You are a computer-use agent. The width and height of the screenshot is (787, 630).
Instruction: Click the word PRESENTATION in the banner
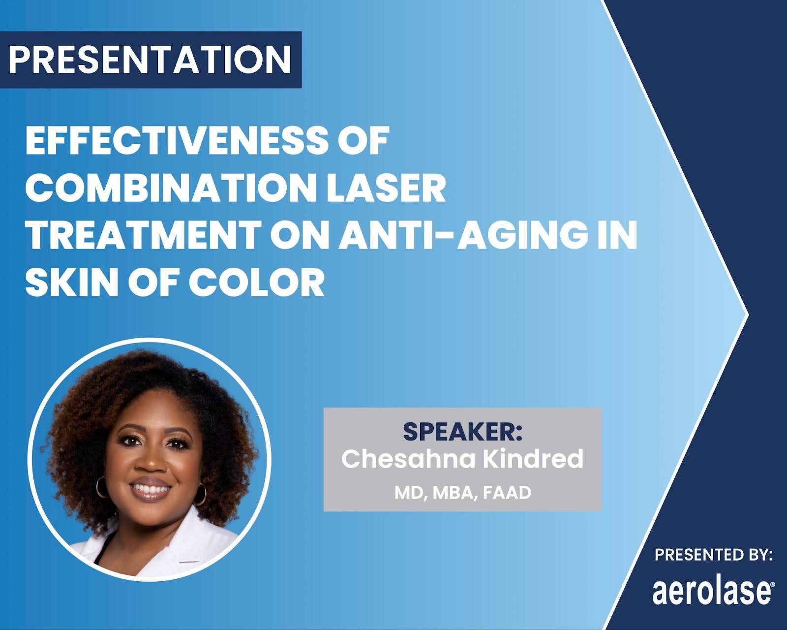(x=150, y=60)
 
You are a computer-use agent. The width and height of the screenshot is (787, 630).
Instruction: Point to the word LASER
(x=386, y=188)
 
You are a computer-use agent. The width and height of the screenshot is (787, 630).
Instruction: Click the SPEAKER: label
(x=463, y=432)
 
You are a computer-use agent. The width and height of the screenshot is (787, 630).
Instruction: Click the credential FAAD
(x=507, y=493)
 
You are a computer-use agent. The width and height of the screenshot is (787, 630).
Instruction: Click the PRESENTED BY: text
(x=714, y=555)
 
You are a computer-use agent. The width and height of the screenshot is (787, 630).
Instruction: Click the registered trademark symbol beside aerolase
(x=772, y=585)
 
